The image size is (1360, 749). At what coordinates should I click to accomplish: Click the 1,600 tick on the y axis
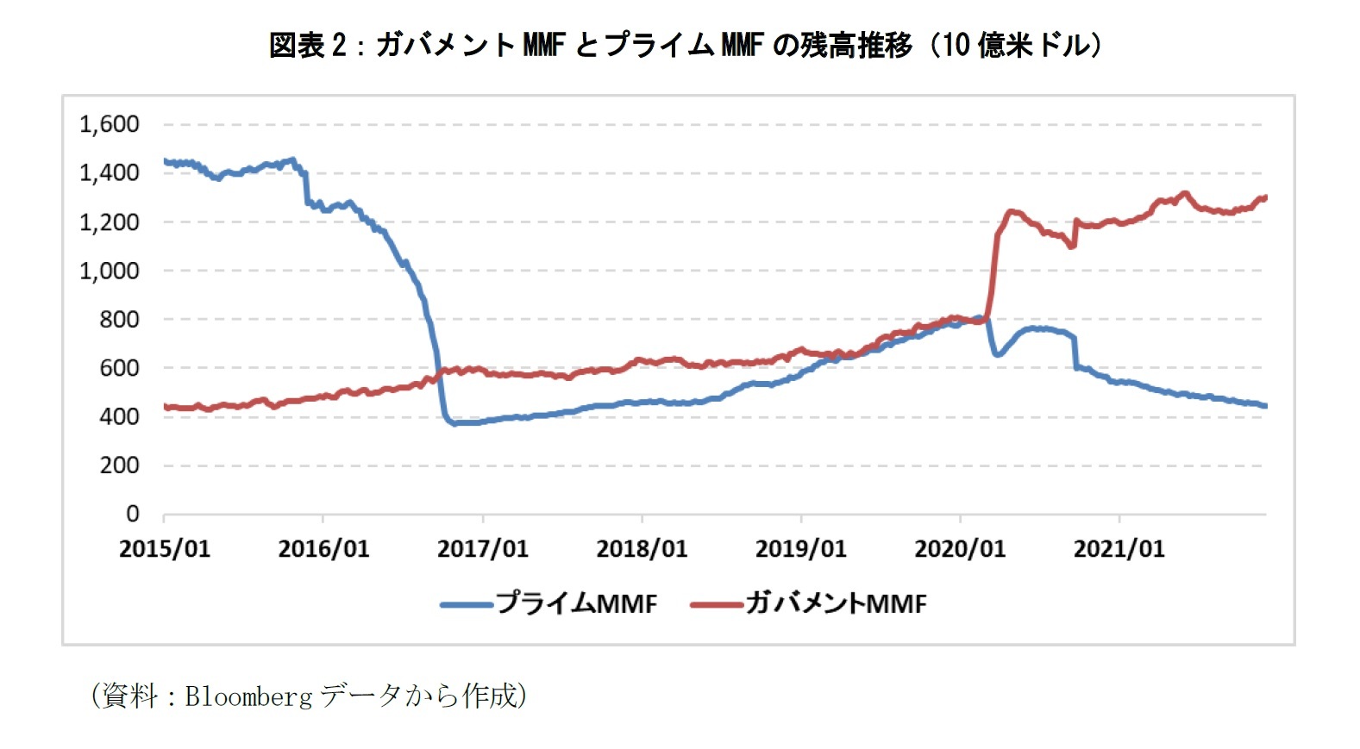click(x=110, y=124)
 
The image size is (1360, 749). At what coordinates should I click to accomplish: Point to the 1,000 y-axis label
click(x=110, y=271)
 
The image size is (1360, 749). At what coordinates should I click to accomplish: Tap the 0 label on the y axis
click(x=132, y=514)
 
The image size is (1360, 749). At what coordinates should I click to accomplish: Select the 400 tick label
click(x=119, y=416)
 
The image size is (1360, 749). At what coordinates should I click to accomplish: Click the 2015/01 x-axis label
click(x=164, y=549)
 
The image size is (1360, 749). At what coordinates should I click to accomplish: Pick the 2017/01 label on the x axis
click(x=482, y=549)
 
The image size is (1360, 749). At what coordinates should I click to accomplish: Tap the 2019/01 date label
click(x=800, y=549)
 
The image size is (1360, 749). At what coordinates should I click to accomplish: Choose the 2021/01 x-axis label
click(x=1119, y=549)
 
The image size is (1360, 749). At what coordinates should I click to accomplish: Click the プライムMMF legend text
click(x=576, y=603)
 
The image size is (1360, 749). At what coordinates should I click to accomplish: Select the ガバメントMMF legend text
click(x=836, y=603)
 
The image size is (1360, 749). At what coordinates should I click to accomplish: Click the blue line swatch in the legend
click(x=467, y=605)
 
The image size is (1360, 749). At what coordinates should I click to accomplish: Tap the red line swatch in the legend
click(x=717, y=605)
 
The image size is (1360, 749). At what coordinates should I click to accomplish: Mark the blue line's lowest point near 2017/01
click(x=455, y=423)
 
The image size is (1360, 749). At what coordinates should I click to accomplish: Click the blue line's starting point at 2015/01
click(x=165, y=161)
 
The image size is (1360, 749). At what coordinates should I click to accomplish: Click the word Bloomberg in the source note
click(x=248, y=696)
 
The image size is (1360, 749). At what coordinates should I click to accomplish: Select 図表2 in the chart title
click(x=307, y=45)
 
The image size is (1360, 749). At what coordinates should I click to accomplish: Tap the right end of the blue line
click(x=1264, y=406)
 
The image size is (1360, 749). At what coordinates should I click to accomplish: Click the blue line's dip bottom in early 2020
click(x=997, y=354)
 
